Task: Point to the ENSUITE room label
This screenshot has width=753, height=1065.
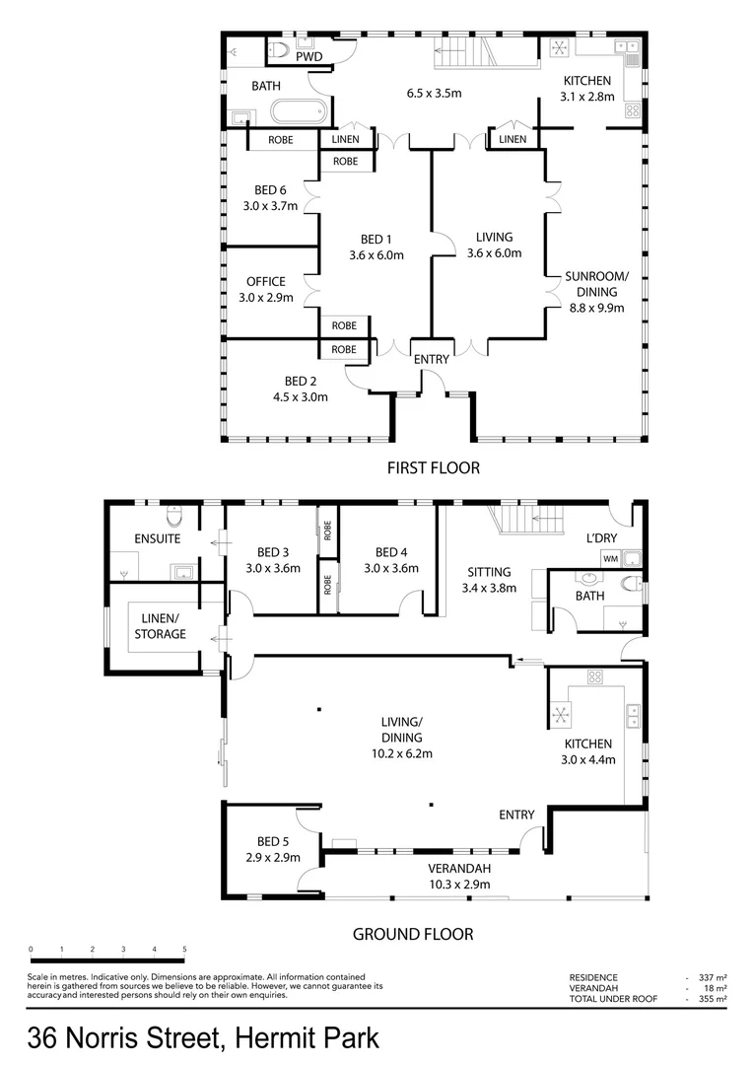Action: (x=158, y=539)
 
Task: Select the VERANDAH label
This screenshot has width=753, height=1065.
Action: (x=459, y=869)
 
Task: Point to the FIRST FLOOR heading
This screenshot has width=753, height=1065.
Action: (x=434, y=467)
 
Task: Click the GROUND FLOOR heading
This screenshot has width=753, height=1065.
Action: (x=413, y=934)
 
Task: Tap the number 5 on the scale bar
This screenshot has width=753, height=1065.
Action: (x=184, y=950)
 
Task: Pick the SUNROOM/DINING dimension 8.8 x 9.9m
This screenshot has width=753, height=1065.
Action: (x=591, y=307)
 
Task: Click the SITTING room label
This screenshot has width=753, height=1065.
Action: (x=489, y=572)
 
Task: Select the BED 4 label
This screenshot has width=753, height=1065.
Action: (x=390, y=552)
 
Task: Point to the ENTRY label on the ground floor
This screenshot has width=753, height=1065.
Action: (x=516, y=815)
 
